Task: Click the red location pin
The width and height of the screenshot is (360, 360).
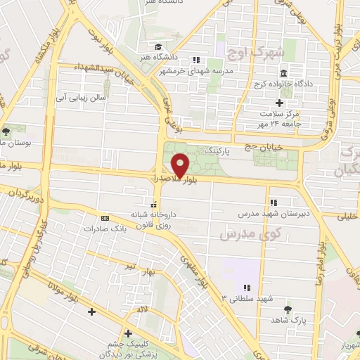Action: tap(181, 165)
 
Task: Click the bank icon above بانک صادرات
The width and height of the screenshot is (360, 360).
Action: tap(105, 218)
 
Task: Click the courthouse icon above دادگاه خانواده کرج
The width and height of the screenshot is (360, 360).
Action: tap(283, 74)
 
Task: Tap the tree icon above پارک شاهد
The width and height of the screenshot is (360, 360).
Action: tap(287, 309)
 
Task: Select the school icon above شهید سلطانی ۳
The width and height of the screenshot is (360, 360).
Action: tap(247, 288)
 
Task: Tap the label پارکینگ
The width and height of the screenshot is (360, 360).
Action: tap(217, 150)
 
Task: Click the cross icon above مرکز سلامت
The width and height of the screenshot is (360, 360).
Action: tap(279, 103)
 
